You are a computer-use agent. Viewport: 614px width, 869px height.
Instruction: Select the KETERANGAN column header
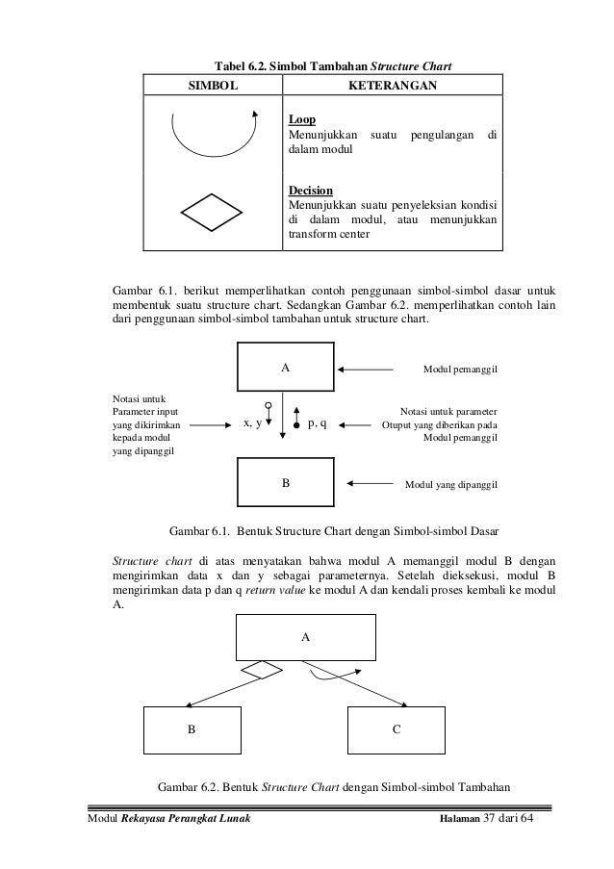pyautogui.click(x=394, y=87)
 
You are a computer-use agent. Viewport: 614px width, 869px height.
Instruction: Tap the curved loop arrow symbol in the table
pyautogui.click(x=214, y=135)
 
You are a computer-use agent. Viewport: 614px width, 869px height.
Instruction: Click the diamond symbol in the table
pyautogui.click(x=214, y=209)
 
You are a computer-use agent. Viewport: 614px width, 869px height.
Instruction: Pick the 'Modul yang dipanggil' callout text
pyautogui.click(x=449, y=484)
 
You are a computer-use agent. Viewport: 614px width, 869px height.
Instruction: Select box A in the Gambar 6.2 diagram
pyautogui.click(x=306, y=637)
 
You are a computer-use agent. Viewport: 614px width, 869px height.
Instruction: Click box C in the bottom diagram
pyautogui.click(x=396, y=729)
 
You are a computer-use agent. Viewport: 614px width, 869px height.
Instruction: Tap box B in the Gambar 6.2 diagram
pyautogui.click(x=192, y=729)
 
